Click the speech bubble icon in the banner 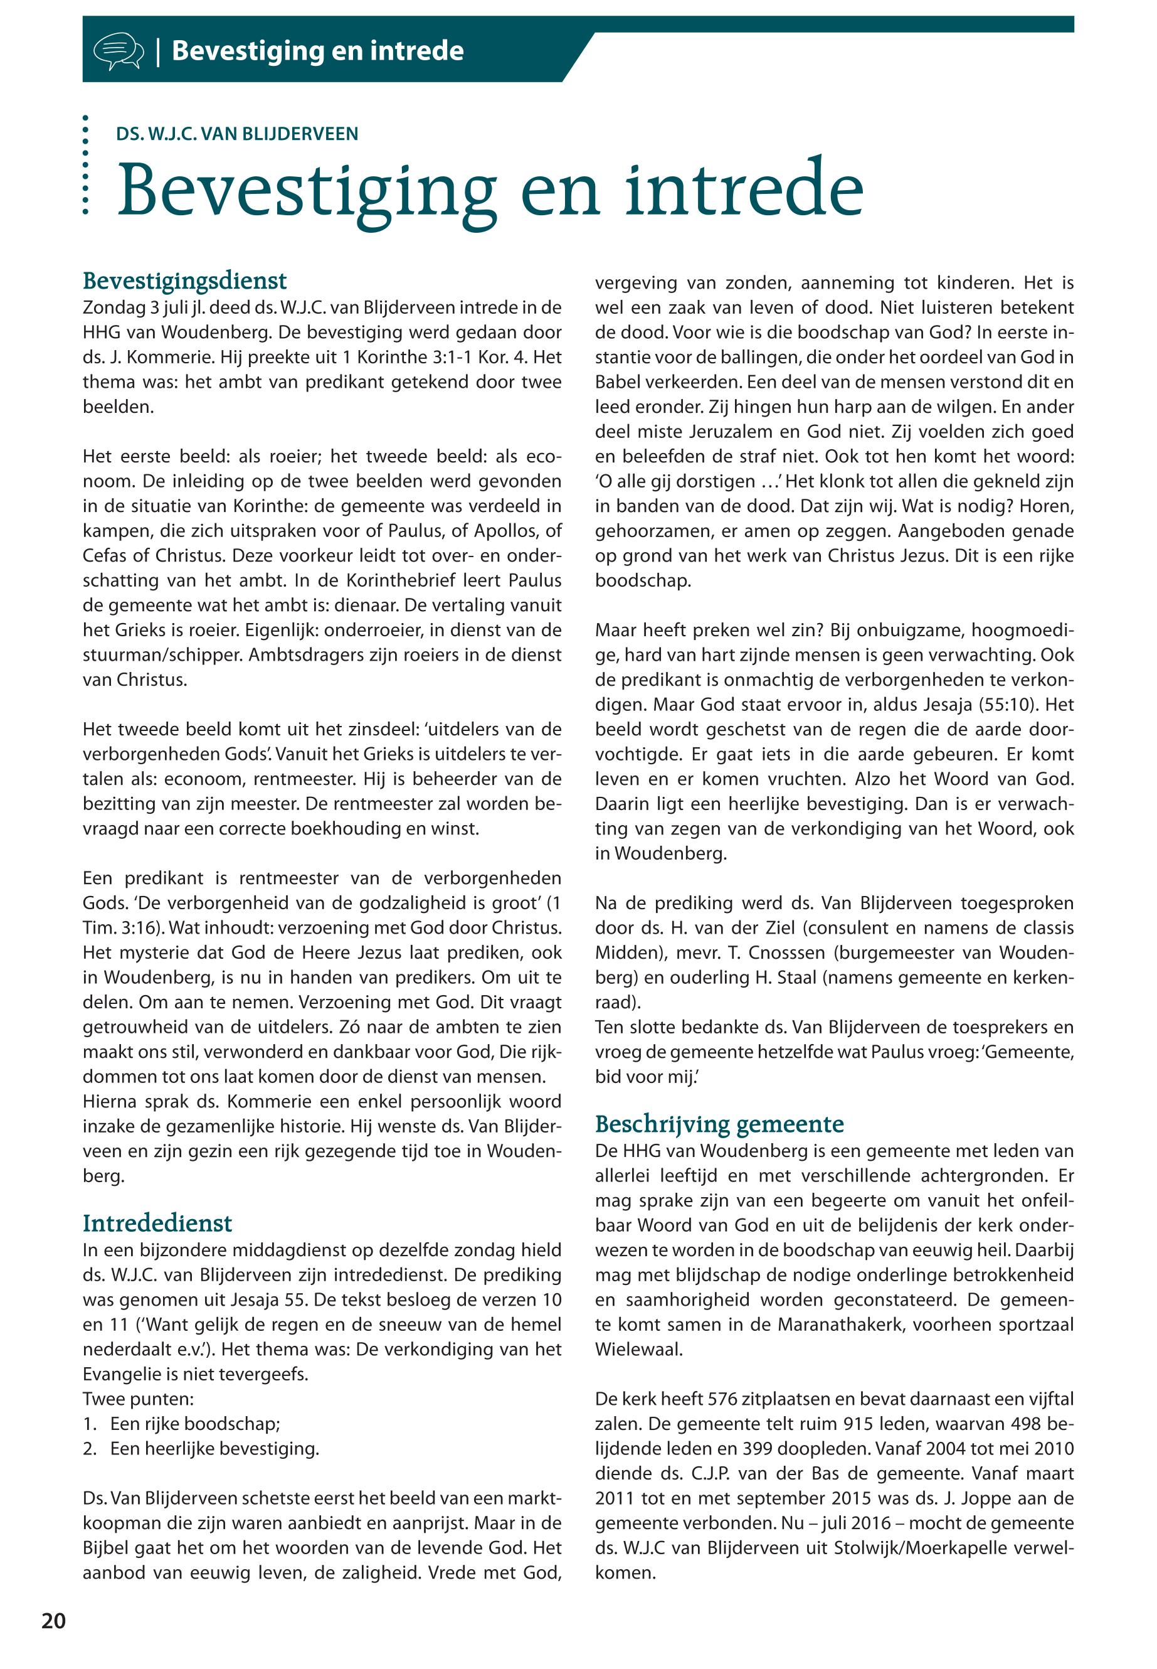117,51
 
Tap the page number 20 54,1621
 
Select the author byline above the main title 237,134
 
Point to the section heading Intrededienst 157,1223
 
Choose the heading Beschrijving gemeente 719,1124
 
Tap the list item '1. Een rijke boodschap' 181,1424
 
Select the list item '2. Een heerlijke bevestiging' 201,1449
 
